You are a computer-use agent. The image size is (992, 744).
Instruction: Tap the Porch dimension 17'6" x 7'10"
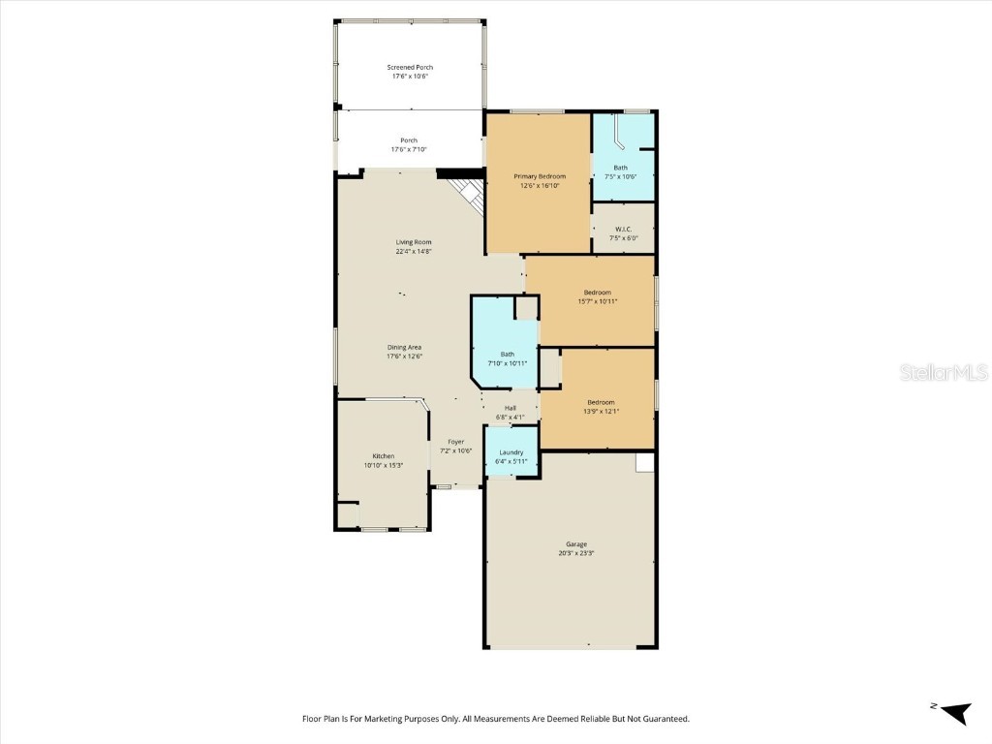coord(409,150)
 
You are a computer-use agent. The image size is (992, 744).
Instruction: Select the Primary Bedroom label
coord(540,176)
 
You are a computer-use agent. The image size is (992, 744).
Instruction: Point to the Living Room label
coord(413,242)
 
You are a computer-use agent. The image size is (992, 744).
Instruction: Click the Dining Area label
coord(404,347)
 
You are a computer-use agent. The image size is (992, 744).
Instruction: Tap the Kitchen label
coord(383,455)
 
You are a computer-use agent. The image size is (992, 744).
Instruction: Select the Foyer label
coord(455,442)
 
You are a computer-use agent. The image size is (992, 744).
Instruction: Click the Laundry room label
coord(511,452)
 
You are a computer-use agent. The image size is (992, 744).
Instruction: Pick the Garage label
coord(576,544)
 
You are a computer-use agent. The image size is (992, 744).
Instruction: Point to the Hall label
coord(510,408)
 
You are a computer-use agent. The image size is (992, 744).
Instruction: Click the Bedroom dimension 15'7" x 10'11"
coord(597,301)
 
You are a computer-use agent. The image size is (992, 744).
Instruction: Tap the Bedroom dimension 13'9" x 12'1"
coord(600,411)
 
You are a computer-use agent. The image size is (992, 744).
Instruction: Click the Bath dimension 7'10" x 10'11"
coord(507,363)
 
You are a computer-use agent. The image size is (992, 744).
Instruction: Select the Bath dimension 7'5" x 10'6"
coord(620,176)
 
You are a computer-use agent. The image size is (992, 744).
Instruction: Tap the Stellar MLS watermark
coord(943,372)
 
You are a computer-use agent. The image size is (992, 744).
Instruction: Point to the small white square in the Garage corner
coord(645,462)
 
